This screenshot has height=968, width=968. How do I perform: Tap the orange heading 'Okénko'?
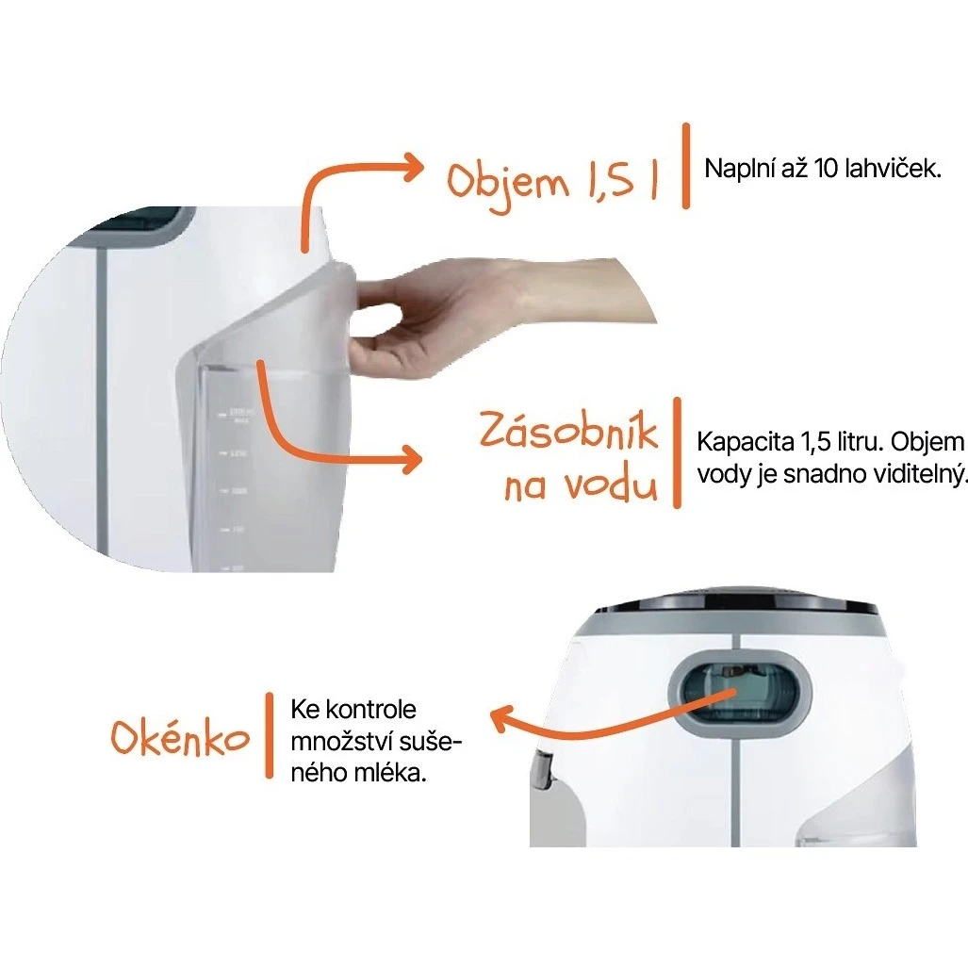coord(181,738)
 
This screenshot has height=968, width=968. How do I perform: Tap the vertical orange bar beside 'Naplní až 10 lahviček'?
coord(686,165)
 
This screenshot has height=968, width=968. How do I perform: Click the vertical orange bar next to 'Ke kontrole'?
coord(269,736)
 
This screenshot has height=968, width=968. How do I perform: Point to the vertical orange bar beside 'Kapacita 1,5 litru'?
coord(676,452)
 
